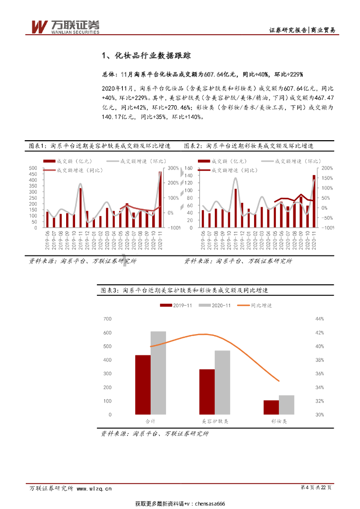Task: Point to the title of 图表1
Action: pos(99,146)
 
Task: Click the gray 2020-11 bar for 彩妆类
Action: pos(286,405)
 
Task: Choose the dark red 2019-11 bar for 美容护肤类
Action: pos(207,392)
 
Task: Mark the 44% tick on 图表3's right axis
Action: pos(319,319)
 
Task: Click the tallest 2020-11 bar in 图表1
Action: pos(160,199)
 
